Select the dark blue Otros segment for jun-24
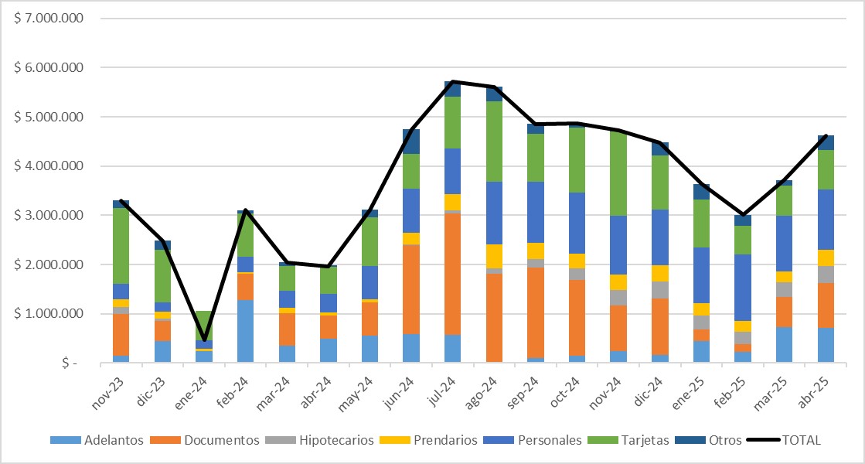pos(411,142)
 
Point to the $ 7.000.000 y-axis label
pos(49,18)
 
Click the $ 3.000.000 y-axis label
pos(49,215)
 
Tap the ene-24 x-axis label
pos(196,390)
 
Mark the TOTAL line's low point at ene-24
pos(204,340)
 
